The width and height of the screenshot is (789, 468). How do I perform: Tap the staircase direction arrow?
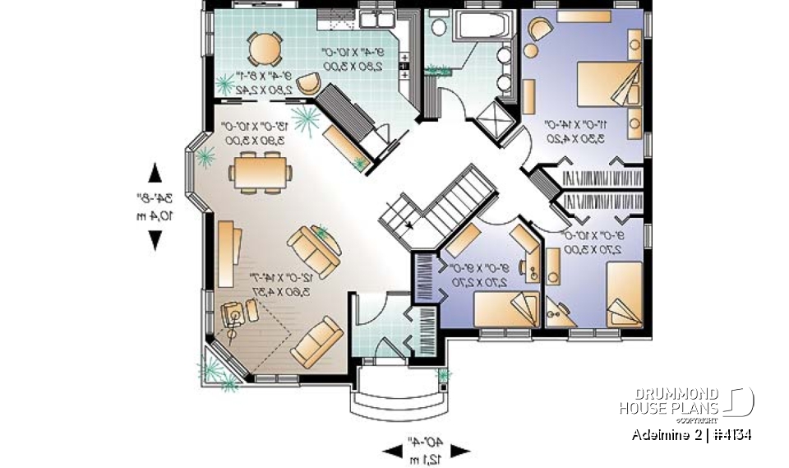408,224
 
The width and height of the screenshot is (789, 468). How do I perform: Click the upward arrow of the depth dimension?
154,173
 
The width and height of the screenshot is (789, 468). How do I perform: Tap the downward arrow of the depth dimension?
154,239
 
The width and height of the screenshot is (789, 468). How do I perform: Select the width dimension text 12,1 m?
427,457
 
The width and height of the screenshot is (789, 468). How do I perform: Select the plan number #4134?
730,434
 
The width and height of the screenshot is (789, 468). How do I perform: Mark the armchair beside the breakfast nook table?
310,82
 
